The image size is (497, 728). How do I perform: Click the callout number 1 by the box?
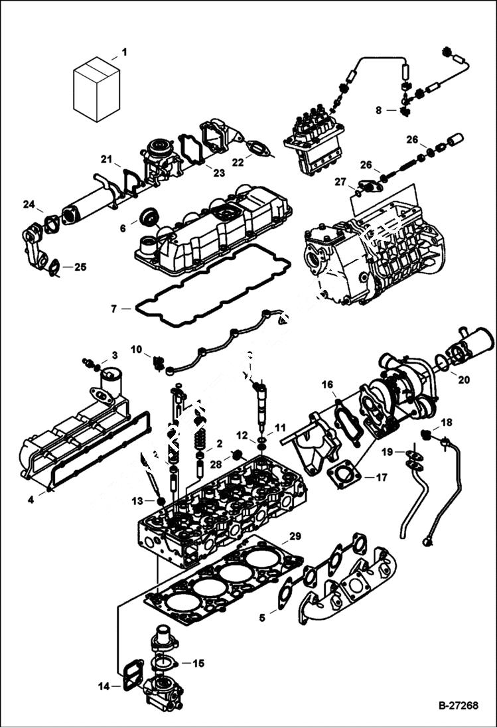(x=123, y=52)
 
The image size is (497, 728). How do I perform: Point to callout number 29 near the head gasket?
(x=295, y=535)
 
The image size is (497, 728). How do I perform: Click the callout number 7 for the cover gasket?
(x=114, y=309)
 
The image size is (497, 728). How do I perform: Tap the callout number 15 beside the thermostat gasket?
(x=198, y=663)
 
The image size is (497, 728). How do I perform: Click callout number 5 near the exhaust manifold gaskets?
(x=262, y=617)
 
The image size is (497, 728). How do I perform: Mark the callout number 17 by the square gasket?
(x=382, y=476)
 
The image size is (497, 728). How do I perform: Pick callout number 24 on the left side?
(x=29, y=204)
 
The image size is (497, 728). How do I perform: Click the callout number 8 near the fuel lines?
(x=379, y=110)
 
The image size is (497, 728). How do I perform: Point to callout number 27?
(x=340, y=181)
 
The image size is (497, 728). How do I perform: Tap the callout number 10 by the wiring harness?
(x=136, y=348)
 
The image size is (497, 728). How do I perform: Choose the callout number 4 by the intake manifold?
(x=31, y=500)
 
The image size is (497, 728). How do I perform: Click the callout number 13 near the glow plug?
(x=137, y=500)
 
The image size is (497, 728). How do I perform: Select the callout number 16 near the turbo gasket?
(x=327, y=384)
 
